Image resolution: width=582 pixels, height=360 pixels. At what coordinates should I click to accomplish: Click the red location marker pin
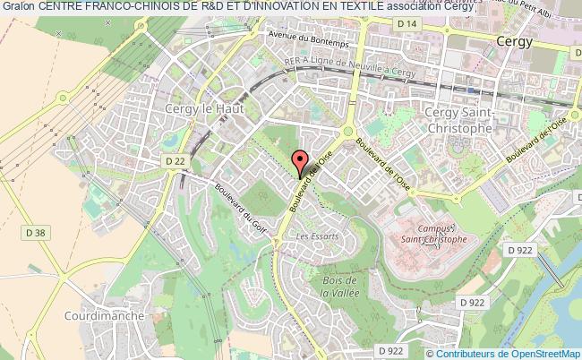pos(302,161)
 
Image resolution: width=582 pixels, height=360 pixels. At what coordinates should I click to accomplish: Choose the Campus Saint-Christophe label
pos(432,234)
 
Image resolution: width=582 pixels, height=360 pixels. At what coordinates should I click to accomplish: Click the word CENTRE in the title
pos(54,6)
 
